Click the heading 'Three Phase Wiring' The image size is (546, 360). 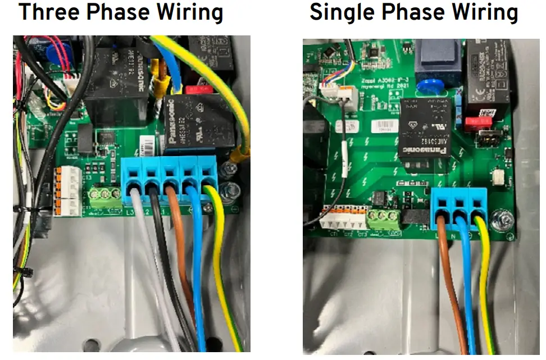coord(121,12)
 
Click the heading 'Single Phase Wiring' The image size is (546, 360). coord(413,12)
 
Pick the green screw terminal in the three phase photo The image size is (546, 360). coord(105,196)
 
